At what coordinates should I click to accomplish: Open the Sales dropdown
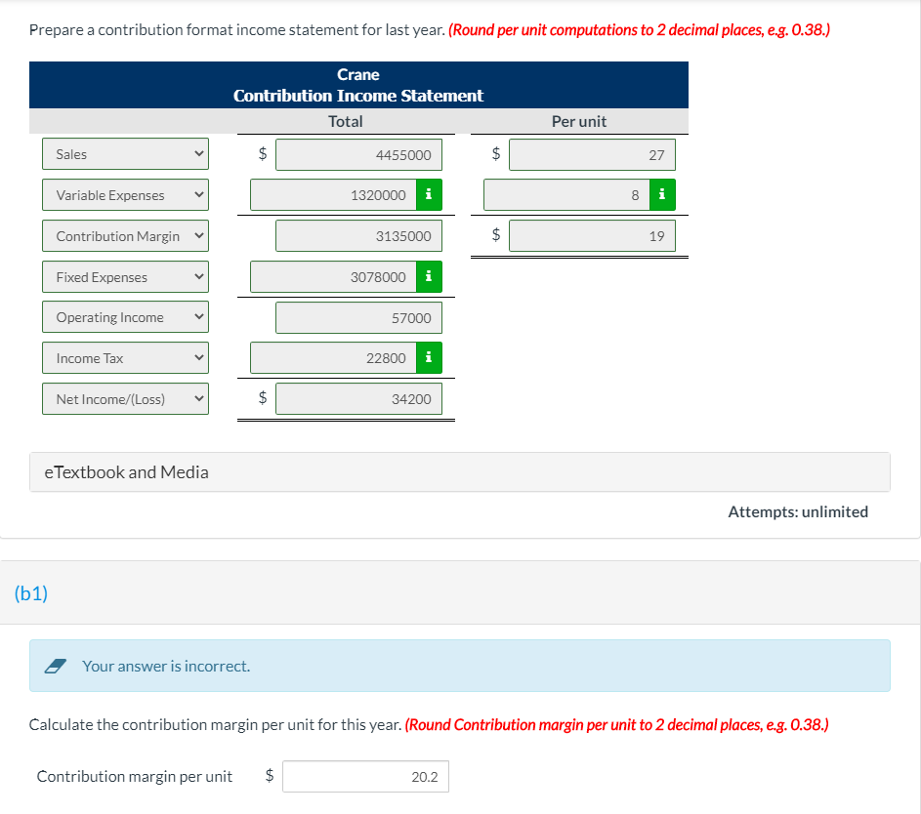[125, 154]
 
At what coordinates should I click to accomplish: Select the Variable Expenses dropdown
[125, 195]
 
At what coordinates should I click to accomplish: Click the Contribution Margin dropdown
[125, 236]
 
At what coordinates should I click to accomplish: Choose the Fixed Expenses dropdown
[125, 277]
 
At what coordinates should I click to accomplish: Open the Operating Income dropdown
[125, 317]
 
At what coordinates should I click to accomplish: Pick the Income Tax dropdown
[125, 358]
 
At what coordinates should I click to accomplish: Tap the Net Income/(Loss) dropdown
[125, 399]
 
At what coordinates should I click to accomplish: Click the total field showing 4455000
[358, 154]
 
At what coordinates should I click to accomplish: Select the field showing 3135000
[358, 236]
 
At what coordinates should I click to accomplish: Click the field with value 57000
[358, 317]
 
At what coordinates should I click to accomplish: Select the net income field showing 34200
[358, 399]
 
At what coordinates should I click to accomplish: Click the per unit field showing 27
[592, 154]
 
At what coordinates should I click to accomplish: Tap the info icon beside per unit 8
[662, 195]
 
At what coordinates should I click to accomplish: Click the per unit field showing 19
[592, 236]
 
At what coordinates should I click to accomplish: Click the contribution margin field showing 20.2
[366, 777]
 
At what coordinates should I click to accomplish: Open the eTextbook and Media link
[127, 472]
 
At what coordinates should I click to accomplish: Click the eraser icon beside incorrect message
[57, 666]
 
